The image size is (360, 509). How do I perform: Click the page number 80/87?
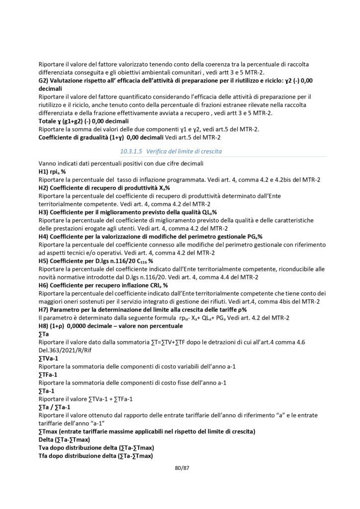pos(180,468)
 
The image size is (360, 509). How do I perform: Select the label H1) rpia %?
pos(52,170)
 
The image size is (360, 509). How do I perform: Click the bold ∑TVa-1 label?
pos(49,359)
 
